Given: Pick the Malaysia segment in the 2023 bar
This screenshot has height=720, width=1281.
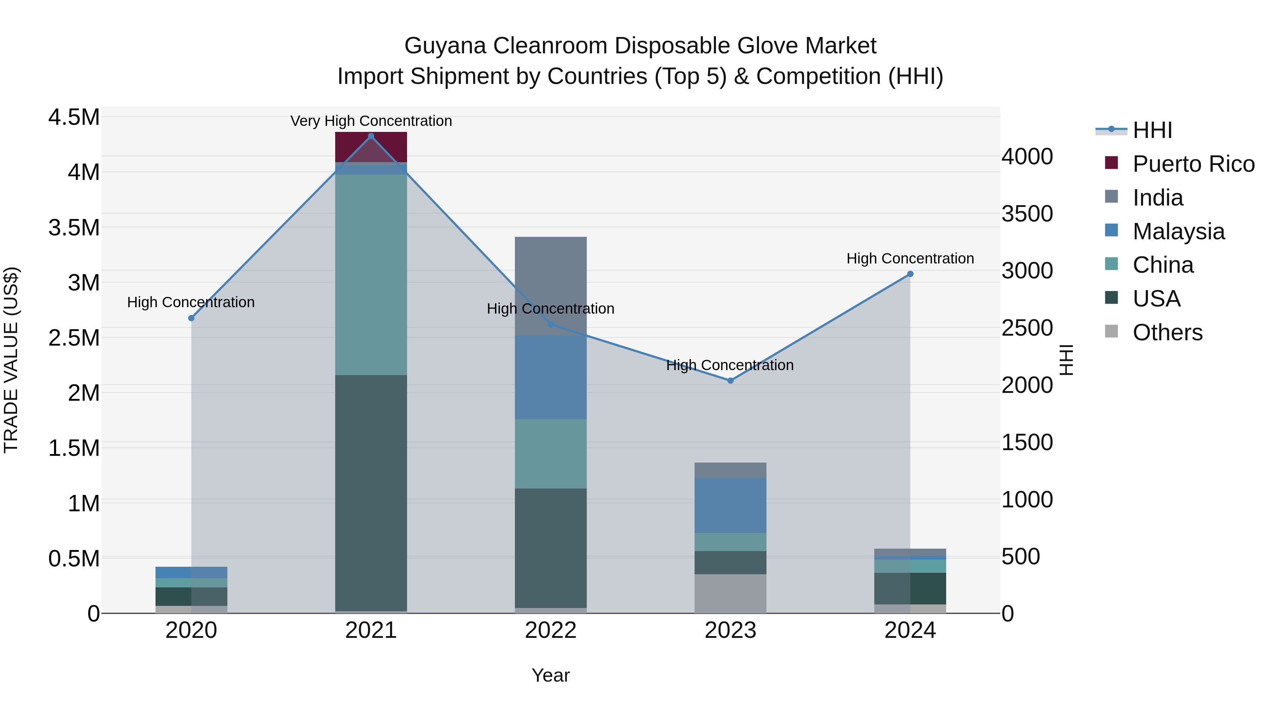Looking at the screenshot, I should (730, 505).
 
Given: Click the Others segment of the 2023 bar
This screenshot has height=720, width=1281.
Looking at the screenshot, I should (730, 593).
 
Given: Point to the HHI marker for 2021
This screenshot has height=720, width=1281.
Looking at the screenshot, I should (371, 136).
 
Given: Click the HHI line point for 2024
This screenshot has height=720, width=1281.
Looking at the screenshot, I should (910, 274).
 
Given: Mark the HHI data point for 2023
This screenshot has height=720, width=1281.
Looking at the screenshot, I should (731, 380).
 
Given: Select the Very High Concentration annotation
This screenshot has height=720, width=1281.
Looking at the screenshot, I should (371, 121).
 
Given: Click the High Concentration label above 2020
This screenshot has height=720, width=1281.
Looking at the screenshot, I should (191, 302).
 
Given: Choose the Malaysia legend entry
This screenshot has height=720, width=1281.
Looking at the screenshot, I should (1178, 231).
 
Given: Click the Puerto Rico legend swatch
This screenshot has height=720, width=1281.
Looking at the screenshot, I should (1111, 163).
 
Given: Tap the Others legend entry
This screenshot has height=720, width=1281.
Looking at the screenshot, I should (1167, 332).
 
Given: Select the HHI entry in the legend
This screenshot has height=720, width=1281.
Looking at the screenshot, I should (1152, 130).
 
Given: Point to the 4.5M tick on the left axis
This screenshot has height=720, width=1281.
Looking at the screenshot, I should (74, 118).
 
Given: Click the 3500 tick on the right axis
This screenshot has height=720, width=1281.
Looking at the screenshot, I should (1027, 214).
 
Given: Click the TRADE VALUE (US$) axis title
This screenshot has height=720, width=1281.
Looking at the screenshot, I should (11, 360).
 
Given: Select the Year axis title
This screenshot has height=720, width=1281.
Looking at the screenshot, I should (550, 675).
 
